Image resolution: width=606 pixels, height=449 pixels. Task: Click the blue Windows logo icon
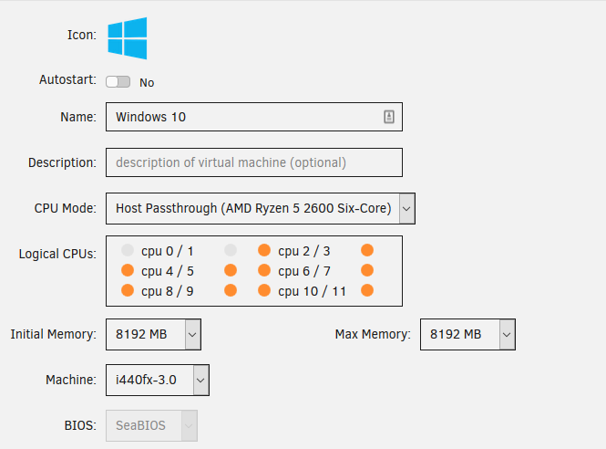pyautogui.click(x=128, y=38)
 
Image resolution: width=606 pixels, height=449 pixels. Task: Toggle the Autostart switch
pyautogui.click(x=118, y=81)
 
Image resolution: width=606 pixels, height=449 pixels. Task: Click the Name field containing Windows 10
pyautogui.click(x=254, y=117)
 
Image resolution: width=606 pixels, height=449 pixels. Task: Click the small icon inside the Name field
pyautogui.click(x=389, y=117)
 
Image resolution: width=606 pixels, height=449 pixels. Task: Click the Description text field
pyautogui.click(x=254, y=162)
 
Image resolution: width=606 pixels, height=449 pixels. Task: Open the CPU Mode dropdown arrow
pyautogui.click(x=406, y=209)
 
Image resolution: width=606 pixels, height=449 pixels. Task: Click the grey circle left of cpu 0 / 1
pyautogui.click(x=128, y=250)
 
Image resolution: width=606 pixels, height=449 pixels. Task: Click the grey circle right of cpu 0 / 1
pyautogui.click(x=231, y=250)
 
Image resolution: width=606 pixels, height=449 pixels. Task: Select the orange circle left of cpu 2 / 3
pyautogui.click(x=264, y=250)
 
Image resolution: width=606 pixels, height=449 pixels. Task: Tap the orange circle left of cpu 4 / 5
pyautogui.click(x=128, y=270)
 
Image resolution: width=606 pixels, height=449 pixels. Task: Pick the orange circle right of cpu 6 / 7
pyautogui.click(x=367, y=270)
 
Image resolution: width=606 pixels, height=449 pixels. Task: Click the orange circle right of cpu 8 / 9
pyautogui.click(x=231, y=290)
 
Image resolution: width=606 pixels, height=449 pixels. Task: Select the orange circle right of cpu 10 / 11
pyautogui.click(x=367, y=290)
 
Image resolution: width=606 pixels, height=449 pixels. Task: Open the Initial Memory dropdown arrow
pyautogui.click(x=192, y=334)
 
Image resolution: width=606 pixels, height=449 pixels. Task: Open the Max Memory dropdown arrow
pyautogui.click(x=507, y=334)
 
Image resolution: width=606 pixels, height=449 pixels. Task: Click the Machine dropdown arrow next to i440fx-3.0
pyautogui.click(x=200, y=381)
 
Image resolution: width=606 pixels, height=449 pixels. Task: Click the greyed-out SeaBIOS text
pyautogui.click(x=140, y=425)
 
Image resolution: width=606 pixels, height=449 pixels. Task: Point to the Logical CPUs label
pyautogui.click(x=57, y=254)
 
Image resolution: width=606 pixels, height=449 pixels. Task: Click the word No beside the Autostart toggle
pyautogui.click(x=147, y=82)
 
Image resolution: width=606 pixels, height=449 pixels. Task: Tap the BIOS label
pyautogui.click(x=80, y=425)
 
